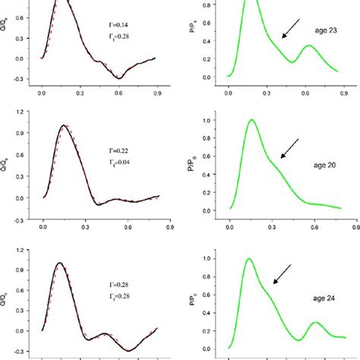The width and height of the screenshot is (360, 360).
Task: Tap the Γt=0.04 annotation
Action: pos(116,163)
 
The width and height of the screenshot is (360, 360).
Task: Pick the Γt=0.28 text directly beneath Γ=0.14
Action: pos(116,47)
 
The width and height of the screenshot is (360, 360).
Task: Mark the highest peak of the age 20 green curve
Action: pos(251,120)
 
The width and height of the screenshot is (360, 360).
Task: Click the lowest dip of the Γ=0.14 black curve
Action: pos(118,77)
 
